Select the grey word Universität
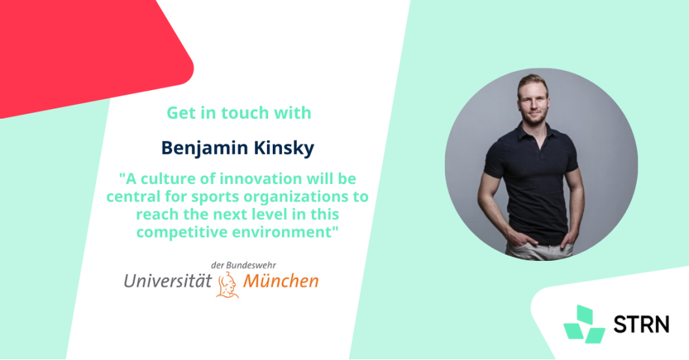coord(168,280)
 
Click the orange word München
coord(281,280)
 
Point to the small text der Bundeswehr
coord(243,265)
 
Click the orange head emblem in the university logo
coord(227,284)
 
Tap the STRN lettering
coord(641,324)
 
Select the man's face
coord(532,102)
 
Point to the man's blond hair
coord(532,82)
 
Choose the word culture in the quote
coord(167,179)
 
